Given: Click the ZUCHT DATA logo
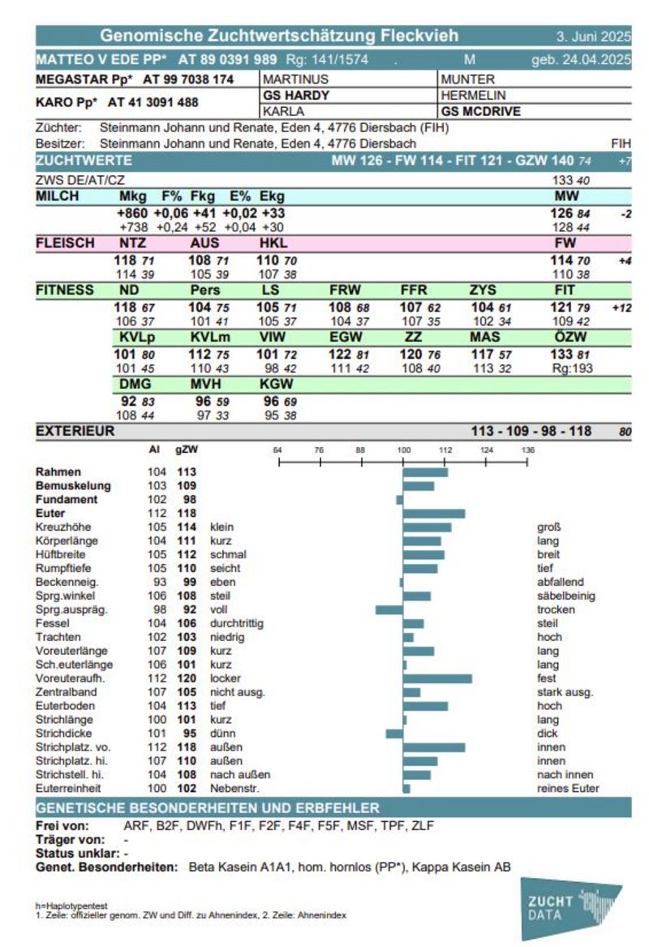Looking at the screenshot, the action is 570,909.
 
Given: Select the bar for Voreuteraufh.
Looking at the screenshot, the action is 438,678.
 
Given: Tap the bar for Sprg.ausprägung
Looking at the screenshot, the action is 389,609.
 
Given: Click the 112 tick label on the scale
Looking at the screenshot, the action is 445,450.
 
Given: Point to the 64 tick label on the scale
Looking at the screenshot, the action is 277,450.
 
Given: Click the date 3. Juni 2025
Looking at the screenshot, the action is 594,37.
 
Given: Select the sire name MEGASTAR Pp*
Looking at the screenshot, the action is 84,79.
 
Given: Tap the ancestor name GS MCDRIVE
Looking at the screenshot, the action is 480,111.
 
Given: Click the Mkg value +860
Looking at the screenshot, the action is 132,213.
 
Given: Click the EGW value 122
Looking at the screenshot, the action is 340,354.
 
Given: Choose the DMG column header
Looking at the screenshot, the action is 135,384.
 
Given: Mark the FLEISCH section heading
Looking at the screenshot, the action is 65,243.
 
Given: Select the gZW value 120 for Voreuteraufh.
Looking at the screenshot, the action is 187,678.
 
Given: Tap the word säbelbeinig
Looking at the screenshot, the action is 566,596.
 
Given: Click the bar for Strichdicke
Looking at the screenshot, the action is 395,734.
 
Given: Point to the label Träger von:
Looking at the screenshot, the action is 70,840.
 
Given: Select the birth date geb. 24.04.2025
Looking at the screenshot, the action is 582,59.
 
